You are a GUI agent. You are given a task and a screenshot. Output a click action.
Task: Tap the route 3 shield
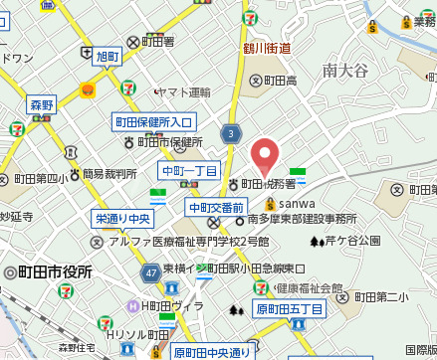click(232, 133)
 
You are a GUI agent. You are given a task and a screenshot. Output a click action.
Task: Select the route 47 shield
click(150, 271)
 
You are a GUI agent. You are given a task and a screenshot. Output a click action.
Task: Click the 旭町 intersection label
click(107, 57)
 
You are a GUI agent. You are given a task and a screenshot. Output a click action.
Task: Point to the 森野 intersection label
click(41, 104)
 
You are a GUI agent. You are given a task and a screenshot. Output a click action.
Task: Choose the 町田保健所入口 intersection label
click(154, 122)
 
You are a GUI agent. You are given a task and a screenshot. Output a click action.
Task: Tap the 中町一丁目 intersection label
click(189, 171)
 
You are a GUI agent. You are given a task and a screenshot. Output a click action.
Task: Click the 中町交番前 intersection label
click(216, 207)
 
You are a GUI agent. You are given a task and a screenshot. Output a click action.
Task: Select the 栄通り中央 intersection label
click(123, 218)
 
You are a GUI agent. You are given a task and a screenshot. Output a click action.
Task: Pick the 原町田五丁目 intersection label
click(290, 309)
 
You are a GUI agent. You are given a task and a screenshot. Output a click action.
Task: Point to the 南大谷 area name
click(345, 70)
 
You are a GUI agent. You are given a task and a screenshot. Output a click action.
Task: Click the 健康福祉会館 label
click(307, 288)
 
